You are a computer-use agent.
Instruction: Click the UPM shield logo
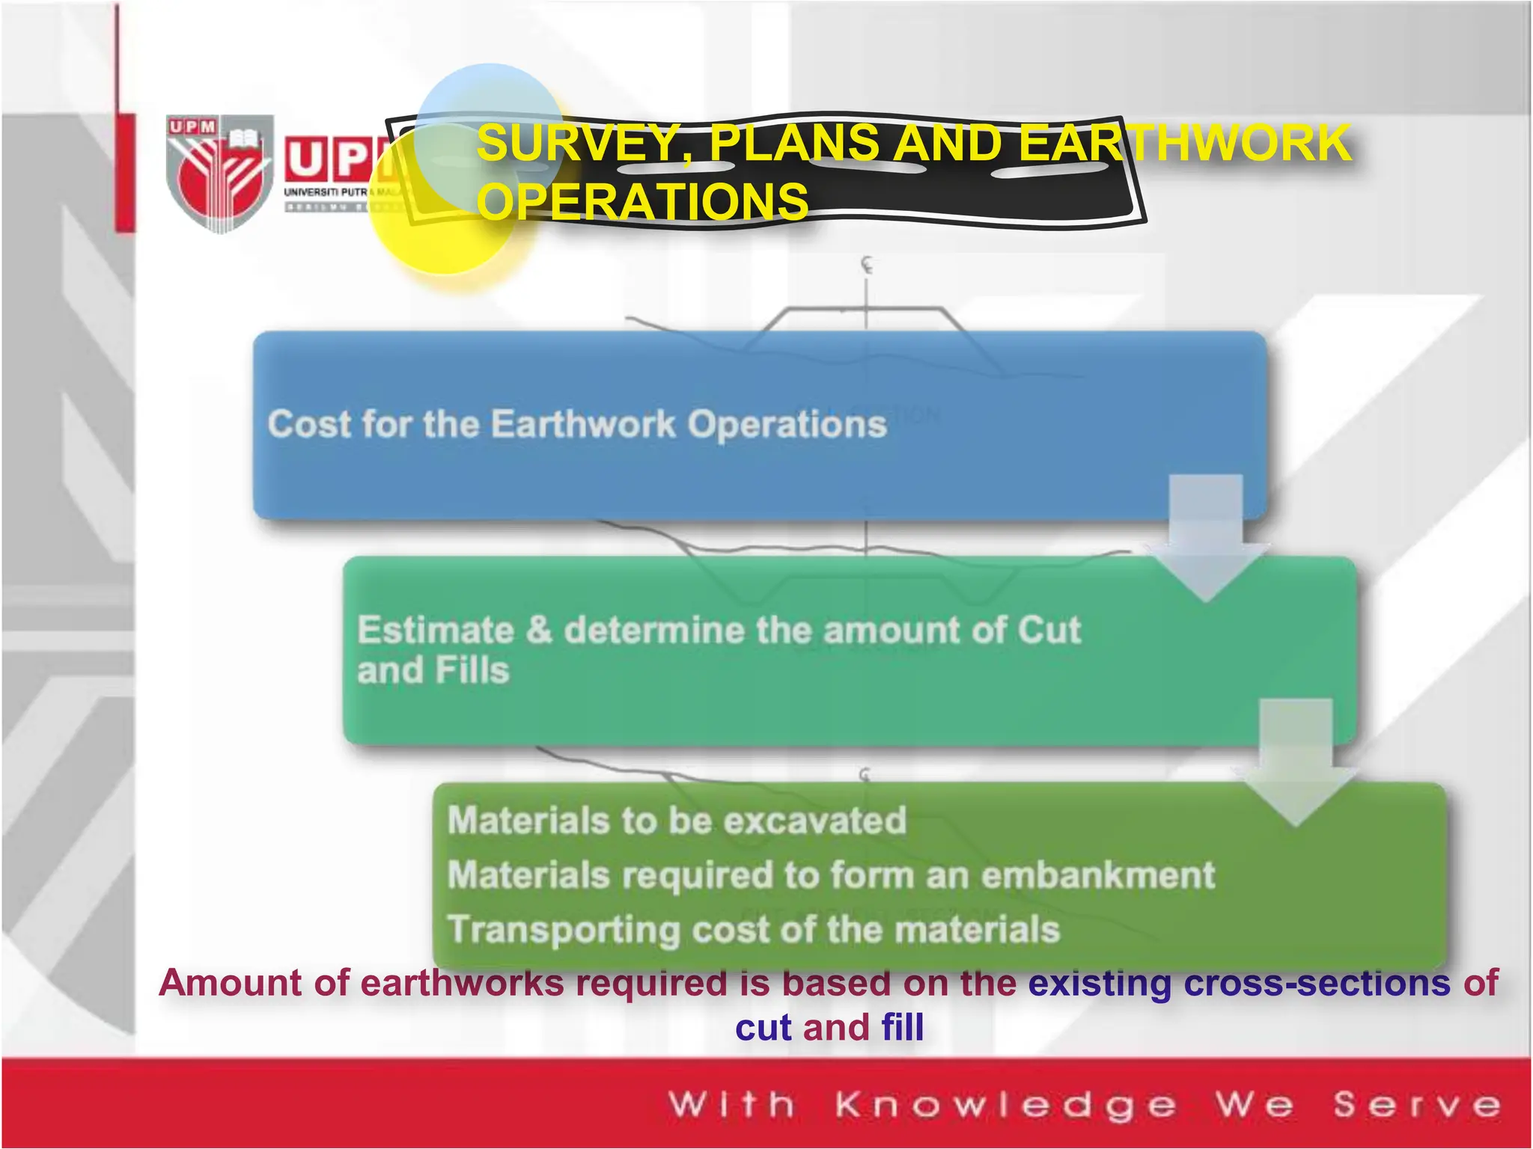pyautogui.click(x=219, y=174)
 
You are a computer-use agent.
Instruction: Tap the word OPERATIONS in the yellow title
pyautogui.click(x=643, y=201)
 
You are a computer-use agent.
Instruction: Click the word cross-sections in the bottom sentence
pyautogui.click(x=1316, y=982)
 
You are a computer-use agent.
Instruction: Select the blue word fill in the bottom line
pyautogui.click(x=902, y=1027)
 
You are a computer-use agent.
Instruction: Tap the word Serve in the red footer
pyautogui.click(x=1417, y=1105)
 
